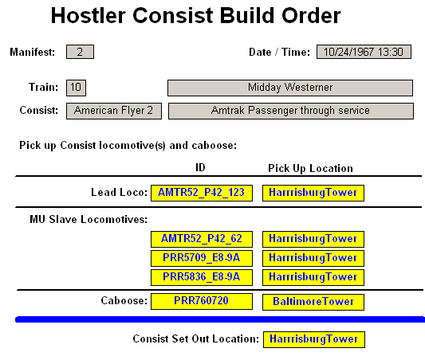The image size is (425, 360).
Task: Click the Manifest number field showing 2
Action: click(80, 52)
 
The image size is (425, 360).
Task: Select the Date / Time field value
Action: click(364, 52)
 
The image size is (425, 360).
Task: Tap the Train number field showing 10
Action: click(76, 88)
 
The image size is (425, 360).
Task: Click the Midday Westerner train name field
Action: click(290, 88)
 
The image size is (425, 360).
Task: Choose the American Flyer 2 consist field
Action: click(114, 111)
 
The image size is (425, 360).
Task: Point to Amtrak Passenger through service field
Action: click(291, 111)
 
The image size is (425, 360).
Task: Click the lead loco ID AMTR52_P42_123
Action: click(202, 193)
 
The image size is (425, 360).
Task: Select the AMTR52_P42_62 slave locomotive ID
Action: click(202, 239)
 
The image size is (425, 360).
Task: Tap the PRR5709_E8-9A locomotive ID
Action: click(202, 258)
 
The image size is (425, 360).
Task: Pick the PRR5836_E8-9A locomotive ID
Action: click(202, 277)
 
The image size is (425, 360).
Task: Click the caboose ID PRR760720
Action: click(202, 301)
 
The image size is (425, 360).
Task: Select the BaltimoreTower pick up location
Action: click(313, 302)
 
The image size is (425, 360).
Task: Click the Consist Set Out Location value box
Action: click(314, 339)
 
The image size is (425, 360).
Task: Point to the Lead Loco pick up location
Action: click(313, 193)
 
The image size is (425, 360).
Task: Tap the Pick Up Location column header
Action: click(311, 168)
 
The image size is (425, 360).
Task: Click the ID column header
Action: click(201, 167)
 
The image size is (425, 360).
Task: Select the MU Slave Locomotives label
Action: click(89, 219)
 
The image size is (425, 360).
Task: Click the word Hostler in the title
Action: click(89, 15)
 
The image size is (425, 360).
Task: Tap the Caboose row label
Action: click(124, 300)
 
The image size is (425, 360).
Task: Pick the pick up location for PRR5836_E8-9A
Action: click(313, 277)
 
